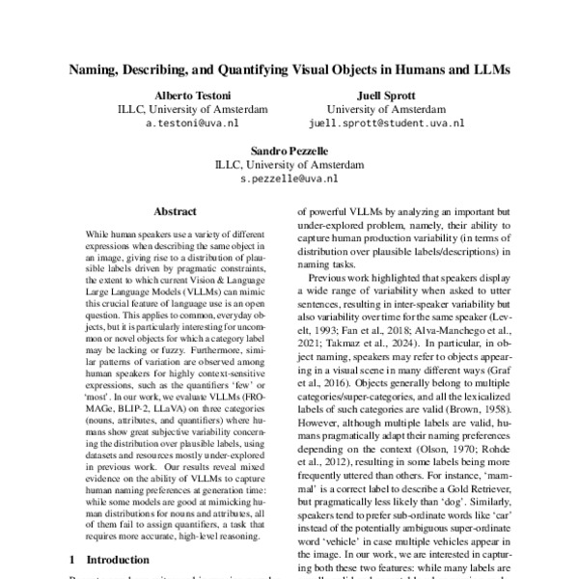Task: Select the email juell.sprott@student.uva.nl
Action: point(386,124)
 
